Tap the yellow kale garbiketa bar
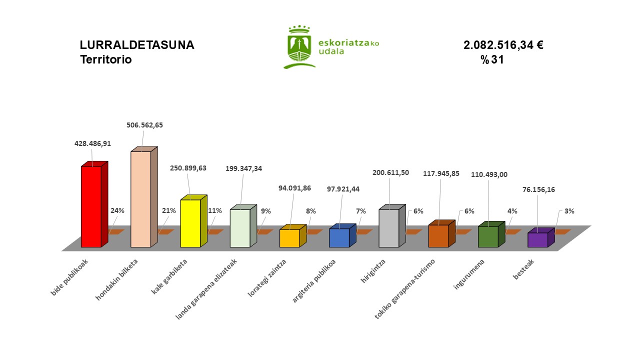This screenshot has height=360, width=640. point(190,223)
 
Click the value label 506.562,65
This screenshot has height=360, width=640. point(144,125)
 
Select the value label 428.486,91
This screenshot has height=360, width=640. point(92,143)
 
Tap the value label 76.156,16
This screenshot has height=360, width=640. point(539,189)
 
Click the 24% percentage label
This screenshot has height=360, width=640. point(117,211)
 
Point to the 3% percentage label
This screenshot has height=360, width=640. point(569,211)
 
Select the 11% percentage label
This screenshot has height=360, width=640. point(214,210)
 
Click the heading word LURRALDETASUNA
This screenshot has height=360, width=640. point(137,45)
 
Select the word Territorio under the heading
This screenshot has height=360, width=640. point(105,59)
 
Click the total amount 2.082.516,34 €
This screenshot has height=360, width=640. point(503,45)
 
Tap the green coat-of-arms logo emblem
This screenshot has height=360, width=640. point(300,46)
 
